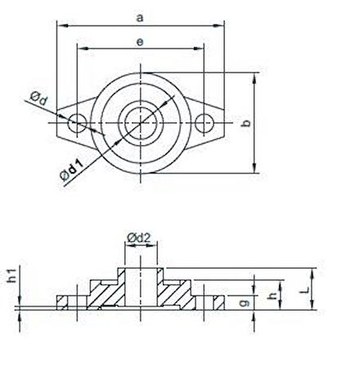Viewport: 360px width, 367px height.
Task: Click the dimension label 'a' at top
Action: click(140, 16)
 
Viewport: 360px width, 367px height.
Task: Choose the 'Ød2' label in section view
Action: click(137, 238)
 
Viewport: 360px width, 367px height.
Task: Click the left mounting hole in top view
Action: click(77, 124)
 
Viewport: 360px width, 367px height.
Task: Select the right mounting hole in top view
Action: click(205, 124)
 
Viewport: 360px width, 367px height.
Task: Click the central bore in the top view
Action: click(140, 124)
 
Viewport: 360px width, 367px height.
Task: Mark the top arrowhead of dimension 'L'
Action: click(313, 273)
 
